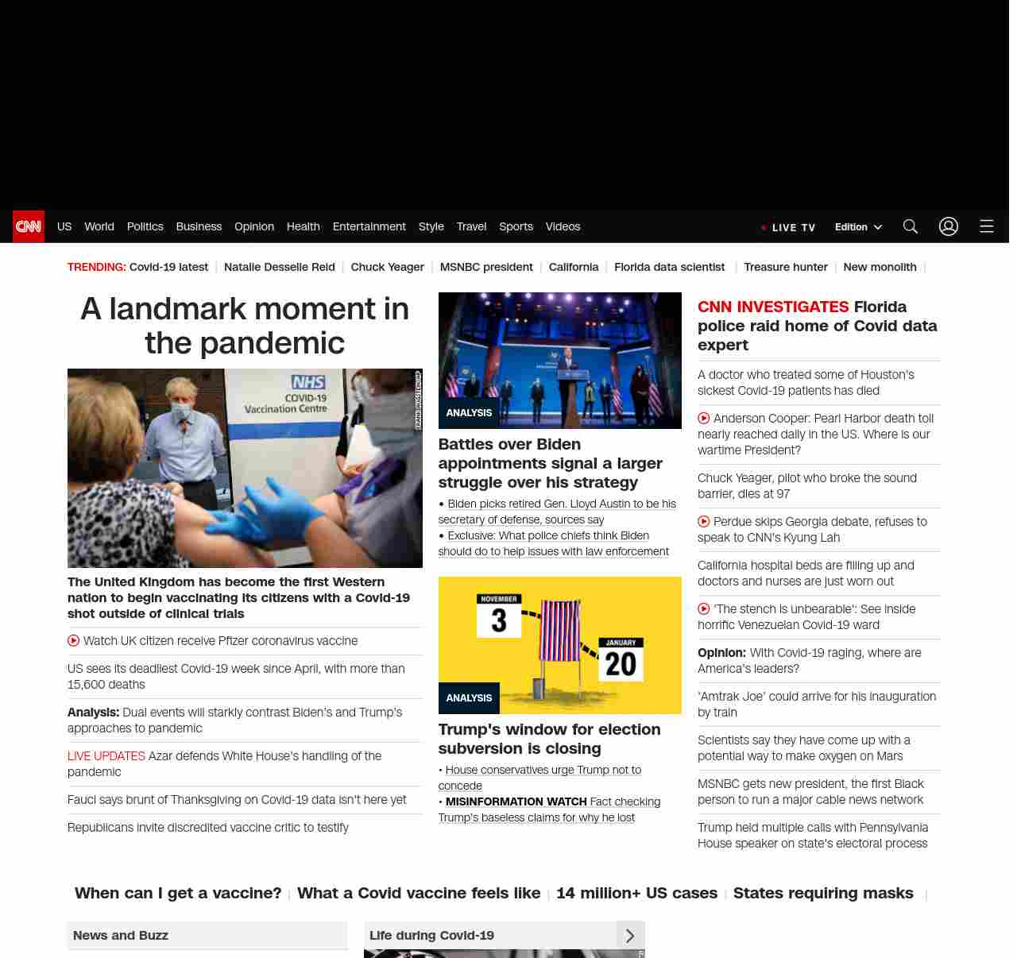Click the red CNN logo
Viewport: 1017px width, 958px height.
pos(29,226)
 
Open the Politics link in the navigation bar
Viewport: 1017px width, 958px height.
pos(145,226)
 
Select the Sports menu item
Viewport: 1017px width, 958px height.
pos(516,226)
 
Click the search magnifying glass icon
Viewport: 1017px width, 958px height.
pos(911,226)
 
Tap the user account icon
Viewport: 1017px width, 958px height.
pos(949,226)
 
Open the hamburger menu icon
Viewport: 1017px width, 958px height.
pos(987,226)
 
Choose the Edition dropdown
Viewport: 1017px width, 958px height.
pos(858,226)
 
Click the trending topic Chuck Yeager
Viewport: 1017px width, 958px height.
pos(387,267)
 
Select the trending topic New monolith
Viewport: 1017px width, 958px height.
pos(880,267)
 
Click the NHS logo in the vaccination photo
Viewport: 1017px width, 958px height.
pos(308,382)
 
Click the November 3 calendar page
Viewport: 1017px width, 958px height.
pos(499,615)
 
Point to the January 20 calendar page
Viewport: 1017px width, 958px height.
pos(621,659)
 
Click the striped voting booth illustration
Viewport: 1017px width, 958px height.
pos(560,632)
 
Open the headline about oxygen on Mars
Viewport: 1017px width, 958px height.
pos(803,747)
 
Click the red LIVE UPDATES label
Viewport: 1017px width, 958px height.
pos(106,755)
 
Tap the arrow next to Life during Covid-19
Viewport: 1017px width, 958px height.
pos(630,936)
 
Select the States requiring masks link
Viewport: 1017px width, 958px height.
pos(823,893)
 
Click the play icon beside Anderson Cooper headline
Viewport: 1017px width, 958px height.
pos(704,418)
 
